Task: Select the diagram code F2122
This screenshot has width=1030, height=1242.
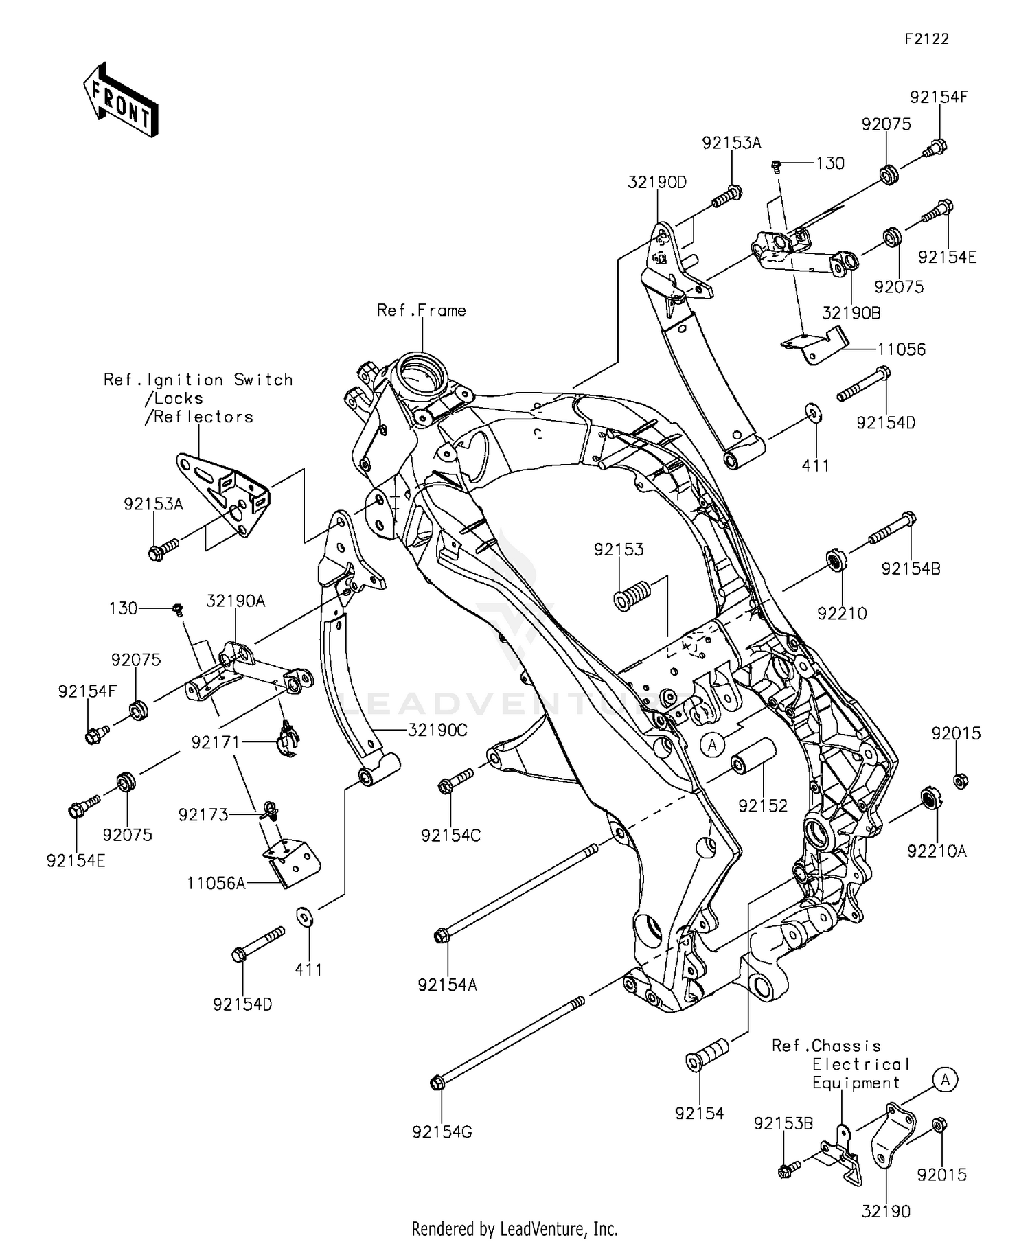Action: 926,39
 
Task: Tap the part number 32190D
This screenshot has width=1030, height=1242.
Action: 657,183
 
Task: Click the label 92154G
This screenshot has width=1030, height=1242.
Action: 442,1132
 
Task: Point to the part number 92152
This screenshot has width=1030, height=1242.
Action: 763,805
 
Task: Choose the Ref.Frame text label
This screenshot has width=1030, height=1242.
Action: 422,310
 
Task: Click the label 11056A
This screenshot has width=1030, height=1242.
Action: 216,883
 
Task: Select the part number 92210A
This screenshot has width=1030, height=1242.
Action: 937,851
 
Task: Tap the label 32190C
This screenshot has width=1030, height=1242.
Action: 437,730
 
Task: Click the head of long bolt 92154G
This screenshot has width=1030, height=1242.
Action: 435,1083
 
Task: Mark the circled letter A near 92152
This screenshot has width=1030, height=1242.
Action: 713,744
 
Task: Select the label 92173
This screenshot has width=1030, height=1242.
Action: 203,814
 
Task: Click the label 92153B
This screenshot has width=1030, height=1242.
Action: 783,1124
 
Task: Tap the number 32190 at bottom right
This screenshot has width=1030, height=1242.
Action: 886,1212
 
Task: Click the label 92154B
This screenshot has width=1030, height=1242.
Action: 911,569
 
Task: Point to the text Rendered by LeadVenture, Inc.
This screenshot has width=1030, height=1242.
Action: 514,1228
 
